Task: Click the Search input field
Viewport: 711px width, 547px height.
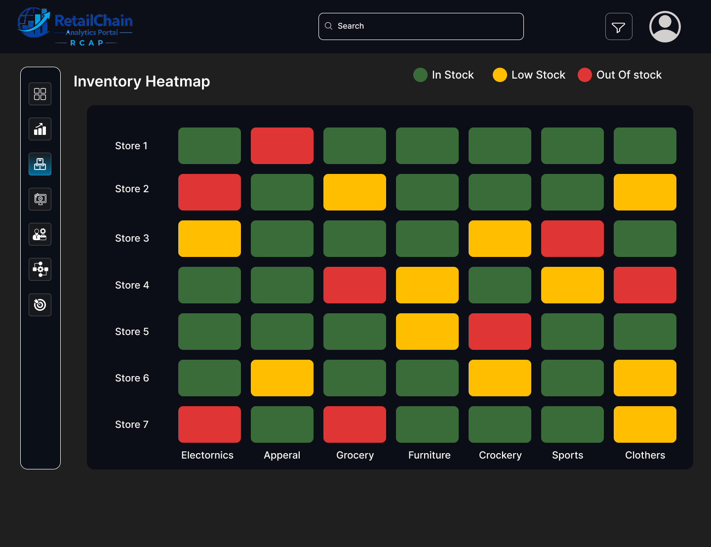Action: point(421,26)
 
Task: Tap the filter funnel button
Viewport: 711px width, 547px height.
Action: point(619,27)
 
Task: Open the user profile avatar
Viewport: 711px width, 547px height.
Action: point(665,27)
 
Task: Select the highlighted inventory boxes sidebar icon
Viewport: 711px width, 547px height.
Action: point(40,164)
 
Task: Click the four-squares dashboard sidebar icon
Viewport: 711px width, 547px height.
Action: point(40,94)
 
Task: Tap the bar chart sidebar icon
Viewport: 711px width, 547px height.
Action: point(40,129)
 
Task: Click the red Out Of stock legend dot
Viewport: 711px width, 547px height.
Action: point(585,75)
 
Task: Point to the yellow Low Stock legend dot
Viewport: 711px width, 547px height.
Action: point(500,75)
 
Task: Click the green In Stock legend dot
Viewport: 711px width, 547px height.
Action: point(420,75)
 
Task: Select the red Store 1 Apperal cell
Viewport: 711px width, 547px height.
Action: point(282,146)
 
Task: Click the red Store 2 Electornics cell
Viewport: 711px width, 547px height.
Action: point(209,192)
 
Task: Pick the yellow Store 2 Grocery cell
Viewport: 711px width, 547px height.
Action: point(355,192)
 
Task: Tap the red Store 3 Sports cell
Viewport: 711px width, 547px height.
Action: point(572,239)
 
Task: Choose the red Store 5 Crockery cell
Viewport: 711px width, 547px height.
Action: point(500,332)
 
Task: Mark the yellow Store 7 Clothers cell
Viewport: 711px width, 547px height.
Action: point(645,424)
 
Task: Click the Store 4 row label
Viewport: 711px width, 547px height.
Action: point(132,285)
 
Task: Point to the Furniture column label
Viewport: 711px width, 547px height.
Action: point(429,455)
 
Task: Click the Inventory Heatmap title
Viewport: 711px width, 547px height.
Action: point(142,81)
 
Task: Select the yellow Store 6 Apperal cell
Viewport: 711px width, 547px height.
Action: point(282,378)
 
